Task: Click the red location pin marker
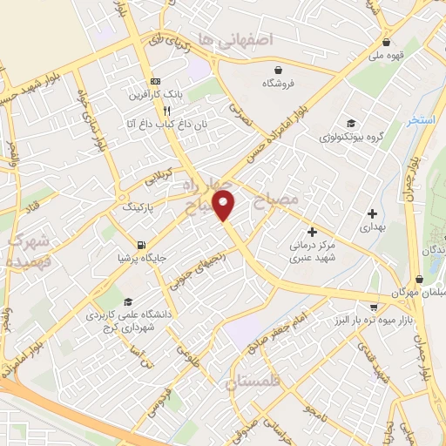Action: click(x=225, y=204)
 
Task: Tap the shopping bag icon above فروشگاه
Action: click(x=277, y=70)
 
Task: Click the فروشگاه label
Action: click(x=277, y=84)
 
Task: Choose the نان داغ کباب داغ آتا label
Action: click(x=164, y=125)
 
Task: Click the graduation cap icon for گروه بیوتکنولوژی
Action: click(x=350, y=123)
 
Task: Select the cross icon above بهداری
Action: click(x=372, y=213)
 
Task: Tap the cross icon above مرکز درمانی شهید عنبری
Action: click(x=312, y=232)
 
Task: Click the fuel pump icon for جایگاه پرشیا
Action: click(x=141, y=245)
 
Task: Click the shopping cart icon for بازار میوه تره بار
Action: click(x=374, y=307)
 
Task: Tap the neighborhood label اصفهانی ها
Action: click(x=235, y=39)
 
